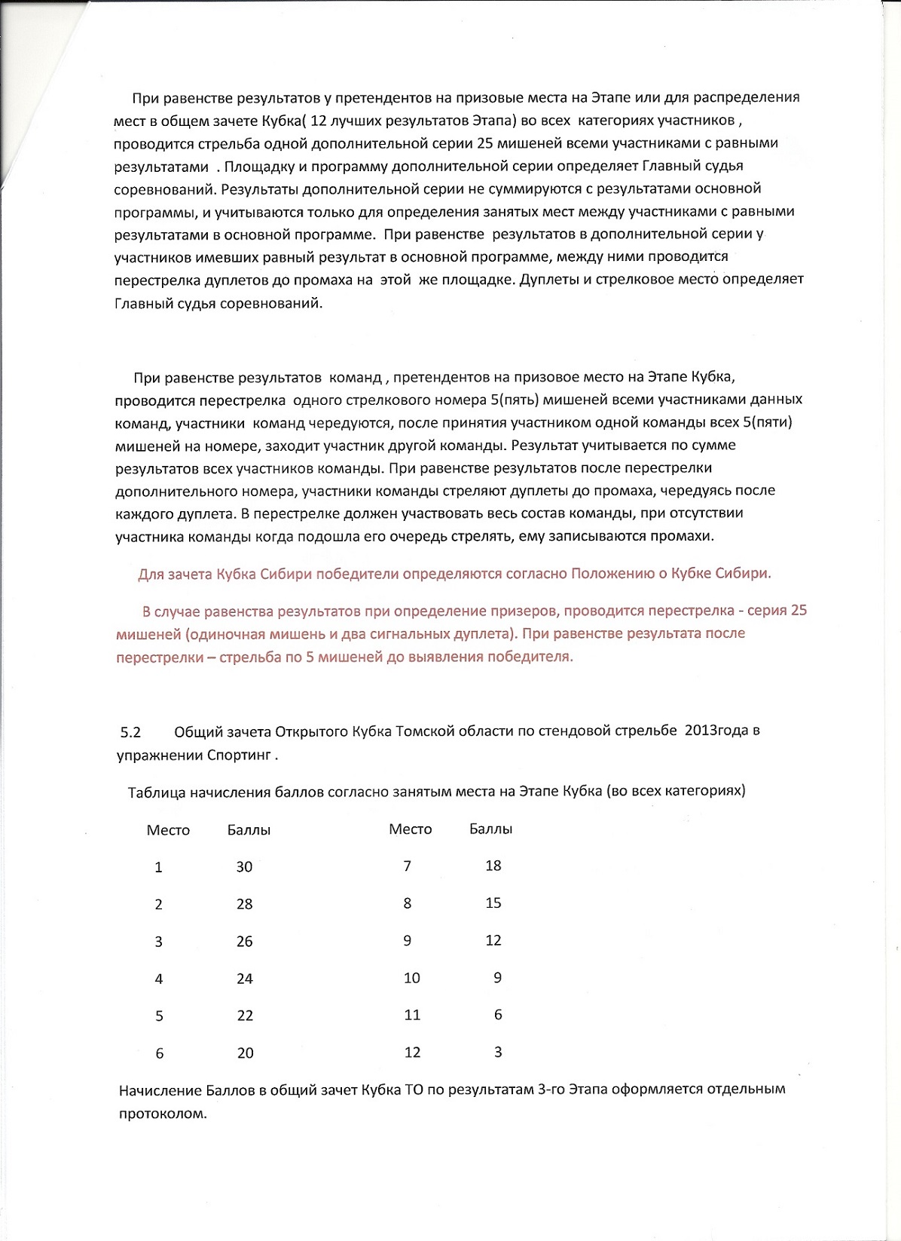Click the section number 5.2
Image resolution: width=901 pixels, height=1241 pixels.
(x=130, y=731)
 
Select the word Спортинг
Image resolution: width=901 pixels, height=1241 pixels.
(x=239, y=755)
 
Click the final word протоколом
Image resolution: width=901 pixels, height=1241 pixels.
(x=163, y=1113)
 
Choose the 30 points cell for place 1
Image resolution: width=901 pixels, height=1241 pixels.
(x=244, y=867)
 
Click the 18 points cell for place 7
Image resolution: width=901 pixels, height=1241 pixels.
(x=493, y=866)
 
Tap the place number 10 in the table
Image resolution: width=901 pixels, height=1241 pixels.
(x=412, y=978)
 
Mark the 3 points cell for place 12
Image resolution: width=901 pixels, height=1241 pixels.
(x=498, y=1052)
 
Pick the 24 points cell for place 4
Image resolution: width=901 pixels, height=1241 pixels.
(x=245, y=979)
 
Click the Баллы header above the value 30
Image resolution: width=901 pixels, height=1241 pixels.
(x=249, y=830)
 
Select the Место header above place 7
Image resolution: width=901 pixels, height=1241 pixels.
(x=410, y=829)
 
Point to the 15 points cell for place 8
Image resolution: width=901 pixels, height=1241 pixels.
(x=493, y=903)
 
